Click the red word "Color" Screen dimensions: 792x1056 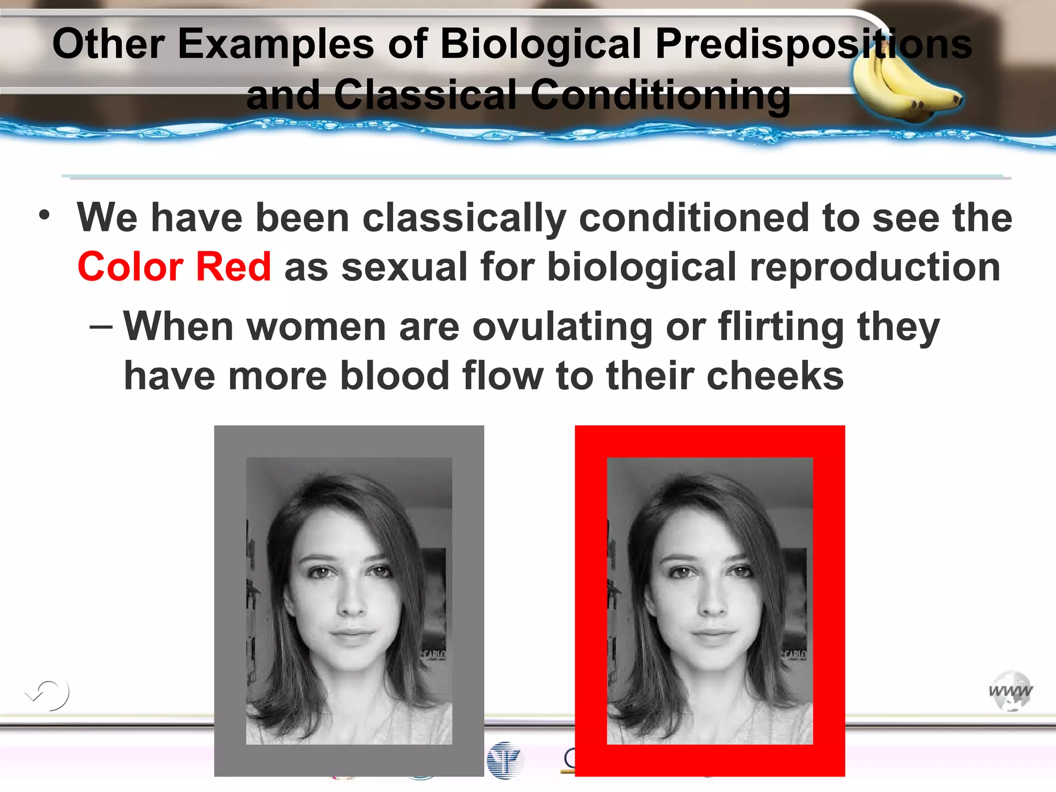tap(130, 267)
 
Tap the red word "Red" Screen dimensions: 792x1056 tap(234, 267)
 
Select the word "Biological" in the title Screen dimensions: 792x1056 tap(541, 44)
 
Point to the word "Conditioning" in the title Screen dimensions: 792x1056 tap(659, 95)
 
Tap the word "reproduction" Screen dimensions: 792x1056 tap(874, 267)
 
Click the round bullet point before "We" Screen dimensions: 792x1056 tap(45, 214)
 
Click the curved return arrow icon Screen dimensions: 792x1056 tap(48, 695)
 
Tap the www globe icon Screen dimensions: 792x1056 tap(1011, 691)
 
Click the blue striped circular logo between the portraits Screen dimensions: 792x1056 tap(505, 760)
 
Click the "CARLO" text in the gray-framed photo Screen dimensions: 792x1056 tap(433, 654)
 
